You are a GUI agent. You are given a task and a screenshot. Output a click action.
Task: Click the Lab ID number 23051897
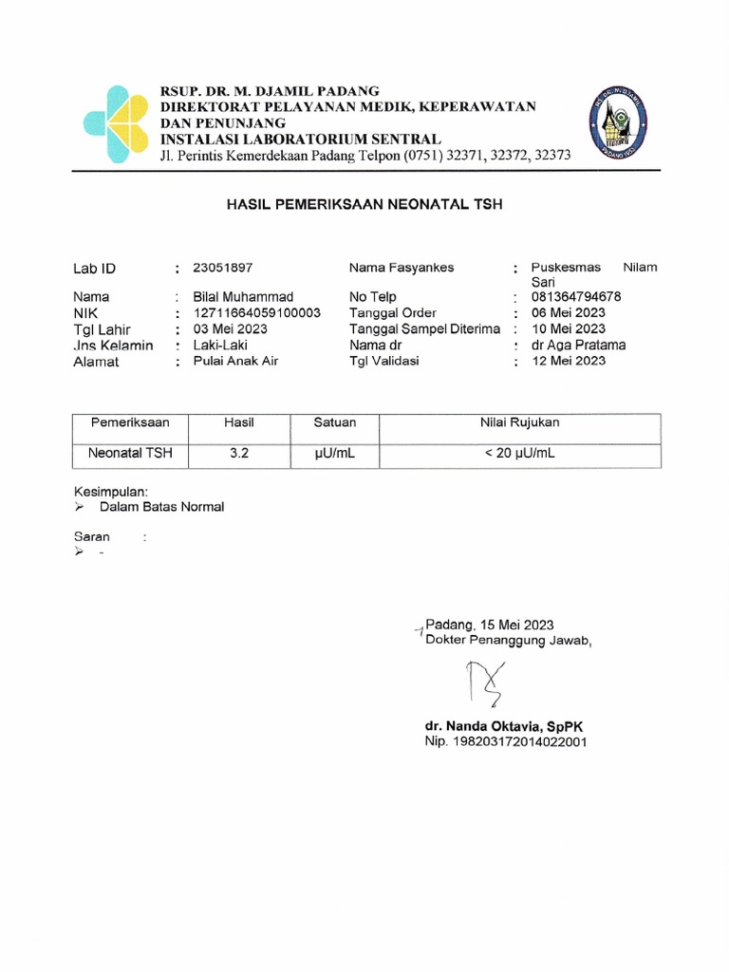click(x=223, y=268)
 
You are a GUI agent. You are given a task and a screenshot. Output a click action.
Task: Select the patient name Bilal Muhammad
click(x=243, y=297)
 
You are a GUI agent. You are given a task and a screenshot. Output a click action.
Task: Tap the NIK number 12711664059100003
click(x=256, y=312)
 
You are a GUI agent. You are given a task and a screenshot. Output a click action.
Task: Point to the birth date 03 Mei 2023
click(x=230, y=329)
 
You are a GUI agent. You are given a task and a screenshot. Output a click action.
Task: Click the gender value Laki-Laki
click(x=220, y=345)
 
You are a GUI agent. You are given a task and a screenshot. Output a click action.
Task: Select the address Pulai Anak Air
click(x=235, y=361)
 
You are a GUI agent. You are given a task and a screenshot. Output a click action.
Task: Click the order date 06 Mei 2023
click(x=569, y=312)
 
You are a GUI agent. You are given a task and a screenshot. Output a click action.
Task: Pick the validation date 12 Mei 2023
click(x=568, y=361)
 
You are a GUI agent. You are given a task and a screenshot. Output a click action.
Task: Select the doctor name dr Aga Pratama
click(x=578, y=345)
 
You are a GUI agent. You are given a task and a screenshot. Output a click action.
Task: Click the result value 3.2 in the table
click(x=238, y=454)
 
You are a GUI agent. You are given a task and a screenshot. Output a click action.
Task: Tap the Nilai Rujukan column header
click(x=519, y=421)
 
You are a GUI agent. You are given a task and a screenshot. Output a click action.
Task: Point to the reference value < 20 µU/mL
click(x=519, y=454)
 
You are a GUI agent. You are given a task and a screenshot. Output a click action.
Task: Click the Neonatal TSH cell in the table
click(x=130, y=454)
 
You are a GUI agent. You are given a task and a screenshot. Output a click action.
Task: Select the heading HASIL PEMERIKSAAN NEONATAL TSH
click(x=364, y=204)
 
